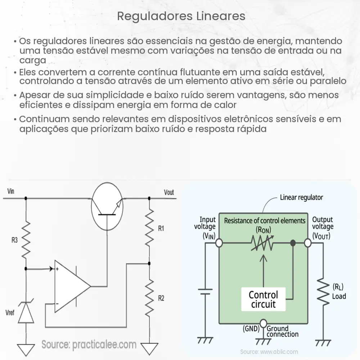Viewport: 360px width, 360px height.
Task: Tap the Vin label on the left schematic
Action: click(x=11, y=191)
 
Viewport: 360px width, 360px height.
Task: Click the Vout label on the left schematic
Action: click(x=168, y=192)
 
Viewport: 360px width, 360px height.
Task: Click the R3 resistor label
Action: click(x=14, y=240)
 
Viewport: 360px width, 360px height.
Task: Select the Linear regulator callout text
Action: click(x=301, y=197)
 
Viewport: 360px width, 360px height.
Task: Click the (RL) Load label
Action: click(x=339, y=292)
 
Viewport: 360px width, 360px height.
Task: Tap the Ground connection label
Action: click(x=282, y=331)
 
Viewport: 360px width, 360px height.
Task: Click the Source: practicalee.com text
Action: click(x=89, y=345)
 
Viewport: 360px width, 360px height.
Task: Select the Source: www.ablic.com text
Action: click(x=269, y=352)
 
